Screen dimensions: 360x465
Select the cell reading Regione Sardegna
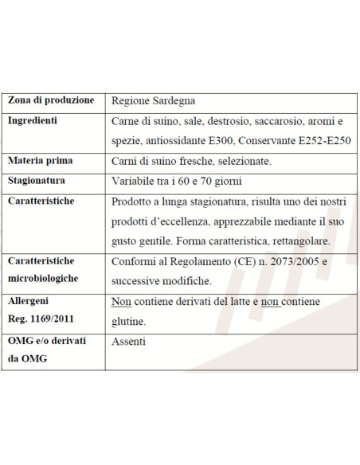(151, 101)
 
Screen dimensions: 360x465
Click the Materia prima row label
(40, 161)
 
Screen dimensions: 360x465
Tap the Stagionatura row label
(41, 181)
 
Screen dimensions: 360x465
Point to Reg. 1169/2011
(41, 320)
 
